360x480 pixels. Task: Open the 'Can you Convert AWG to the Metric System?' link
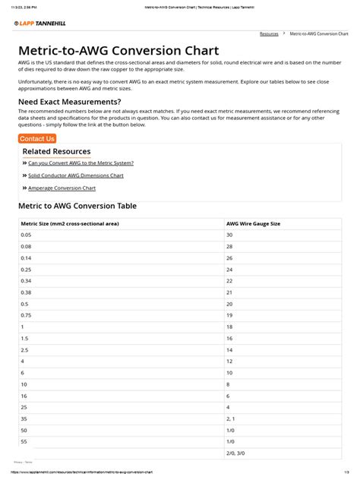click(81, 163)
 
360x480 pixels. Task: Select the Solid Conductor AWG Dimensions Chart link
click(75, 175)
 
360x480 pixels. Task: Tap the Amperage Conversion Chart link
click(62, 188)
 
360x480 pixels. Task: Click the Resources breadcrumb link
click(269, 34)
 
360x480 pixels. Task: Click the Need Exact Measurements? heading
click(69, 101)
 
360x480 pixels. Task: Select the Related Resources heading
click(56, 151)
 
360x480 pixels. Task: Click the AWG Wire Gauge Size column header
click(254, 224)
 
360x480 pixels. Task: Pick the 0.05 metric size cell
click(27, 235)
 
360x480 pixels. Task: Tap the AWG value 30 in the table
click(230, 235)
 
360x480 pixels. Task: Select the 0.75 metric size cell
click(27, 314)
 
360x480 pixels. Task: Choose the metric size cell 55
click(24, 441)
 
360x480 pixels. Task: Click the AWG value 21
click(230, 292)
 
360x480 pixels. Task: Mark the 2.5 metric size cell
click(25, 349)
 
